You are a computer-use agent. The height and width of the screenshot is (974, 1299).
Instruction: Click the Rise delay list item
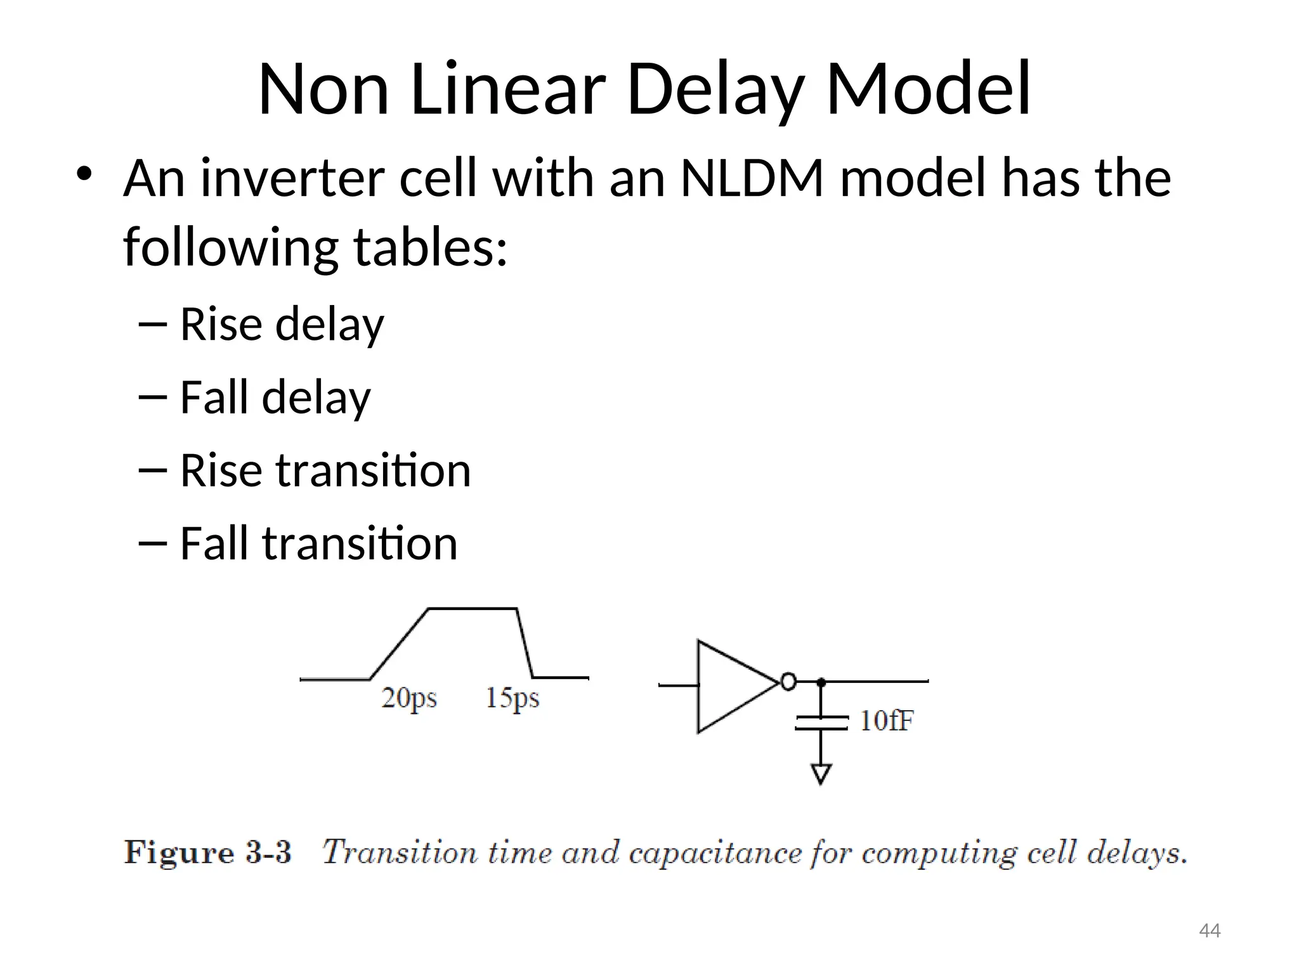pos(282,324)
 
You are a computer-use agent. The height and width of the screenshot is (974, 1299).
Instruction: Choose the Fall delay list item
pos(275,397)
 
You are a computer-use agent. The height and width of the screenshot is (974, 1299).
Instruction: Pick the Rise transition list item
pos(325,471)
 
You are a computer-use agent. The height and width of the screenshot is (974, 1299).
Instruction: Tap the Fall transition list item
pos(318,543)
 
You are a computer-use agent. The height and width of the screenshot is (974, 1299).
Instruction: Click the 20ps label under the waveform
pos(409,698)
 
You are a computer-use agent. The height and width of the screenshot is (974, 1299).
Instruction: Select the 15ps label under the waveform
pos(512,698)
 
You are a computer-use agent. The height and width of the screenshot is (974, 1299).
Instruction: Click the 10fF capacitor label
pos(886,721)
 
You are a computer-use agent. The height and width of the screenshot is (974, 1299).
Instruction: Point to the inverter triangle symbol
pos(729,687)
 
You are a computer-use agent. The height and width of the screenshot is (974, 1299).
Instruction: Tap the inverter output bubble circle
pos(788,682)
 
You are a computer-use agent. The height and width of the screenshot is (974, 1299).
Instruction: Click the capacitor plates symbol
pos(821,723)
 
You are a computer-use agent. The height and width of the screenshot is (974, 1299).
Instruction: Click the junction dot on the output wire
pos(821,682)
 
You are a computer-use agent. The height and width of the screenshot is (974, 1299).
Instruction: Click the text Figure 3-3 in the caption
pos(207,852)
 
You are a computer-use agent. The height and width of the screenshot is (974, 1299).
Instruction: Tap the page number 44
pos(1210,931)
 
